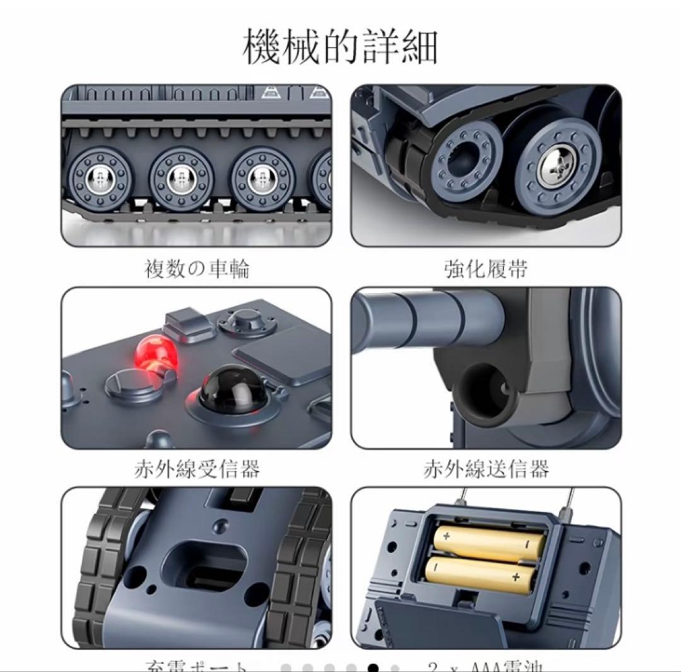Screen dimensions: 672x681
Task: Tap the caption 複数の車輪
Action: [197, 269]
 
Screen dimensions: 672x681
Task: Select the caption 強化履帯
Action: [486, 269]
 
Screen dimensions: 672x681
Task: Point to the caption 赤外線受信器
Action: [197, 469]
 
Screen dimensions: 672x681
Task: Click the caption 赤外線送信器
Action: [486, 469]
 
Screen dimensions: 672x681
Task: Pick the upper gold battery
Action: [489, 543]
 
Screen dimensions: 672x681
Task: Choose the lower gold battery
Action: [479, 574]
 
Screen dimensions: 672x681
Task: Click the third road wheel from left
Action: [261, 177]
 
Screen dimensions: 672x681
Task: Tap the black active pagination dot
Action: [373, 667]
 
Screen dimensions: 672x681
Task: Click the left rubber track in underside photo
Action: [101, 567]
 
